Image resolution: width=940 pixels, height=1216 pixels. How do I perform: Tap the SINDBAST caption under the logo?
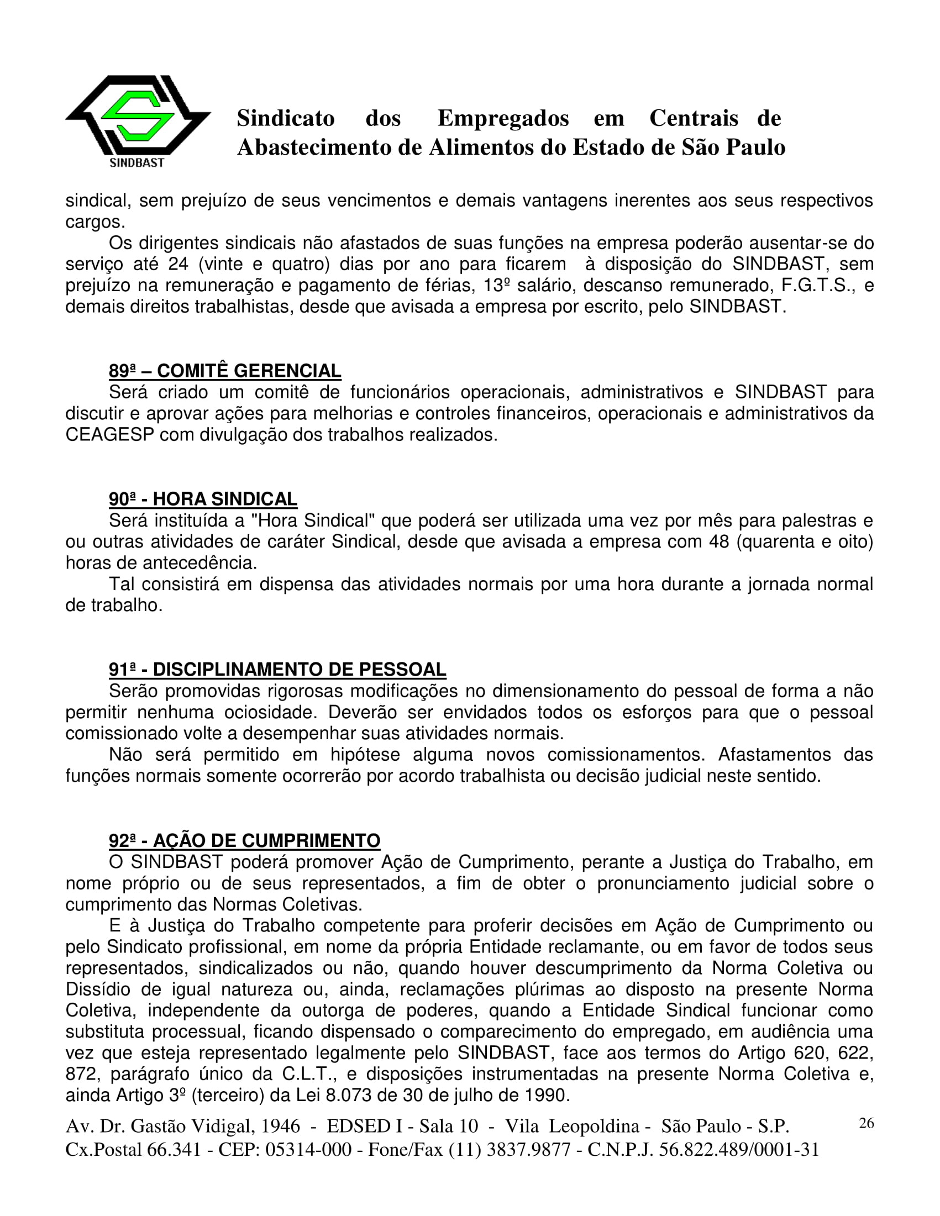pyautogui.click(x=137, y=162)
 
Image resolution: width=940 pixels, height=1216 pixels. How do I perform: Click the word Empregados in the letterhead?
pyautogui.click(x=503, y=118)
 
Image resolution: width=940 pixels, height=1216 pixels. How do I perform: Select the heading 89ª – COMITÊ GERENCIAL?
pyautogui.click(x=224, y=371)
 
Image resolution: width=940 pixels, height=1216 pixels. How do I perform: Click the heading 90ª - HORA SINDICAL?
pyautogui.click(x=203, y=499)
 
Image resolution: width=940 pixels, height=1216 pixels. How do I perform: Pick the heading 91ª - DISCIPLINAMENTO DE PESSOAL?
pyautogui.click(x=277, y=669)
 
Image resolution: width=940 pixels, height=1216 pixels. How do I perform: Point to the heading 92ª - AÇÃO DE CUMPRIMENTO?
pyautogui.click(x=244, y=840)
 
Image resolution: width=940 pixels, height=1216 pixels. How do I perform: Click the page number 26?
pyautogui.click(x=867, y=1123)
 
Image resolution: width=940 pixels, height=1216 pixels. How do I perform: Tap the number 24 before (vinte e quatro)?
pyautogui.click(x=178, y=264)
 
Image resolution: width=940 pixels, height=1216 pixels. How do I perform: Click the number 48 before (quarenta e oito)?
pyautogui.click(x=719, y=541)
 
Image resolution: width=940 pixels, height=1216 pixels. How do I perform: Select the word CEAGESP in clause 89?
pyautogui.click(x=110, y=434)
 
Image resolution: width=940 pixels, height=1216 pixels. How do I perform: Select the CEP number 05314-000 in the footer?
pyautogui.click(x=308, y=1149)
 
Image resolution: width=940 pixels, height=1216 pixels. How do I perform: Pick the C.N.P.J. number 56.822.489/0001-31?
pyautogui.click(x=739, y=1149)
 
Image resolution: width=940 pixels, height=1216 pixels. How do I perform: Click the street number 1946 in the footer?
pyautogui.click(x=281, y=1126)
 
